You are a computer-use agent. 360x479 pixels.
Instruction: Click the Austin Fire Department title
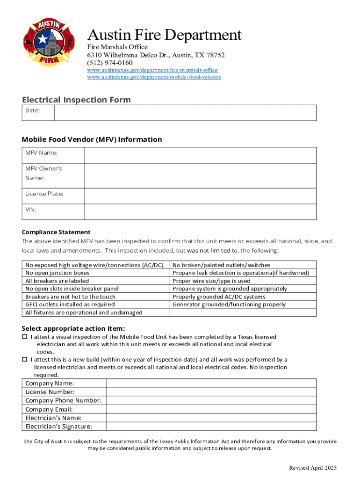[x=165, y=35]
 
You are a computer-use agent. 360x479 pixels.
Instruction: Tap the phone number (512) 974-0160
[x=109, y=63]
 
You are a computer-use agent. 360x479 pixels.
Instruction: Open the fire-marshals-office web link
[x=152, y=70]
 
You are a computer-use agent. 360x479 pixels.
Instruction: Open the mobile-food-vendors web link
[x=154, y=77]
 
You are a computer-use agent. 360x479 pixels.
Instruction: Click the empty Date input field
[x=185, y=113]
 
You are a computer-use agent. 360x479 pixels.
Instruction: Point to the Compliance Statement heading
[x=56, y=232]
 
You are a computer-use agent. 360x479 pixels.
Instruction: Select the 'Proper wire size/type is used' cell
[x=211, y=281]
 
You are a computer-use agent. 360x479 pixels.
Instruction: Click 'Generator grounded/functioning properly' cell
[x=229, y=305]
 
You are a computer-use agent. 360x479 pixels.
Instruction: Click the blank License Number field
[x=211, y=392]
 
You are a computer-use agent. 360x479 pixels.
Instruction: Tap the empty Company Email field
[x=211, y=409]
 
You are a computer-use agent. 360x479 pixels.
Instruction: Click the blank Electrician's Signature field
[x=211, y=426]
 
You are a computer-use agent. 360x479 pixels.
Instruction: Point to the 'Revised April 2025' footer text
[x=312, y=468]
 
